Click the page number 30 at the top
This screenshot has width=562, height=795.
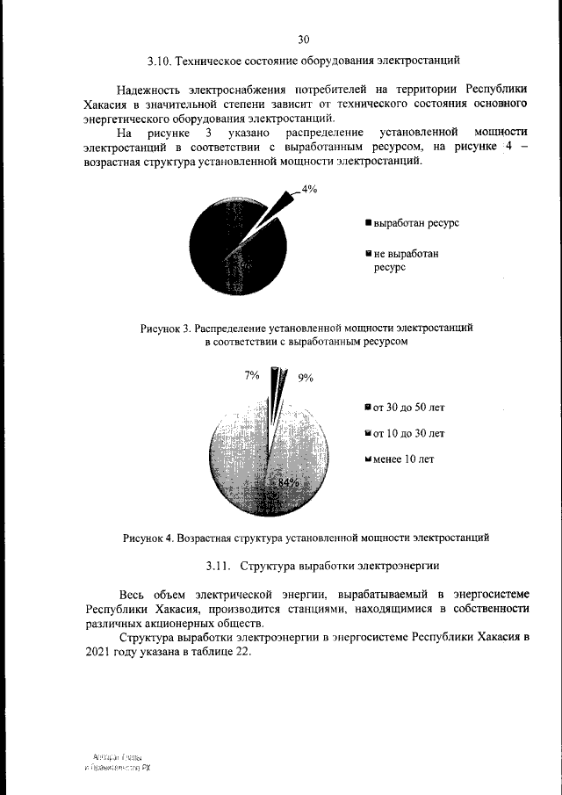(x=304, y=40)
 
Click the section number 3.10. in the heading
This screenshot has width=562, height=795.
(x=159, y=61)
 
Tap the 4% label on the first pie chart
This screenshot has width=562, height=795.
(x=309, y=189)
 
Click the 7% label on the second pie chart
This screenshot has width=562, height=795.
(x=251, y=375)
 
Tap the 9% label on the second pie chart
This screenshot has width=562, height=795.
(x=306, y=378)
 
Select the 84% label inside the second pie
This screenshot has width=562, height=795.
(x=288, y=483)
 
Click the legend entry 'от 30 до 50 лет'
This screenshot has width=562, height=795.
(x=405, y=408)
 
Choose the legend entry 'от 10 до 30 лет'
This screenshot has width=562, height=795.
(x=405, y=433)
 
